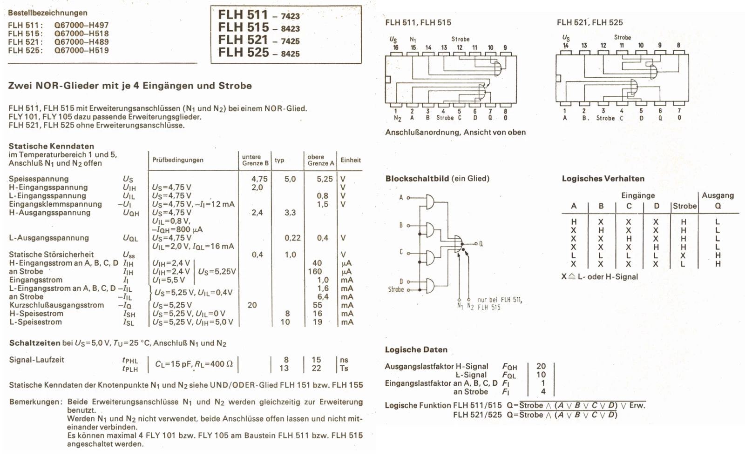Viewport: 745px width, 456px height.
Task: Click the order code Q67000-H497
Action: [81, 25]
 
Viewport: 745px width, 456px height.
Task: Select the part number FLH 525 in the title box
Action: [243, 53]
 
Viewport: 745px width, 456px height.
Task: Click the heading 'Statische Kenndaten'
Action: [51, 146]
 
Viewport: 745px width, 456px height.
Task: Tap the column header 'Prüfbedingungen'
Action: [178, 160]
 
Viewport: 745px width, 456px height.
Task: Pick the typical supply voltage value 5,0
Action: [290, 179]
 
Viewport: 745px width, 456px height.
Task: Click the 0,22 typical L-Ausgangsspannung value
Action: [292, 238]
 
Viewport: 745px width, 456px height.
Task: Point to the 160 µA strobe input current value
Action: [315, 271]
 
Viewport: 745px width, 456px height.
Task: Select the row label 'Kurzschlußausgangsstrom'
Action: [56, 305]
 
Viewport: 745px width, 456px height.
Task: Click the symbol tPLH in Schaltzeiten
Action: [130, 369]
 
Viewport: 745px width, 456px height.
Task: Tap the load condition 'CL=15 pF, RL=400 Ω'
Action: [194, 364]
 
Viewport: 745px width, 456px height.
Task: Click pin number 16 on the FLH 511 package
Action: [396, 47]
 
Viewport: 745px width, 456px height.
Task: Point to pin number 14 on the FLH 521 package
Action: [566, 46]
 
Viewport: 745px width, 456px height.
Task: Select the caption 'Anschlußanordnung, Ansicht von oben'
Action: [455, 132]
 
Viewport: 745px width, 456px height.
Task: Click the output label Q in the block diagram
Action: [481, 244]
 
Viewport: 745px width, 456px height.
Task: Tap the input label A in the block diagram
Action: [401, 198]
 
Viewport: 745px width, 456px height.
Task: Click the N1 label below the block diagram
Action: [460, 306]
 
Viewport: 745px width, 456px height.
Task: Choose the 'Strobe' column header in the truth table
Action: [684, 206]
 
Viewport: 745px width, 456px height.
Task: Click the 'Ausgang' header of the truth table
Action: [718, 195]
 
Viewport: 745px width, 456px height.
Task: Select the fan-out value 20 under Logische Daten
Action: [541, 366]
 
